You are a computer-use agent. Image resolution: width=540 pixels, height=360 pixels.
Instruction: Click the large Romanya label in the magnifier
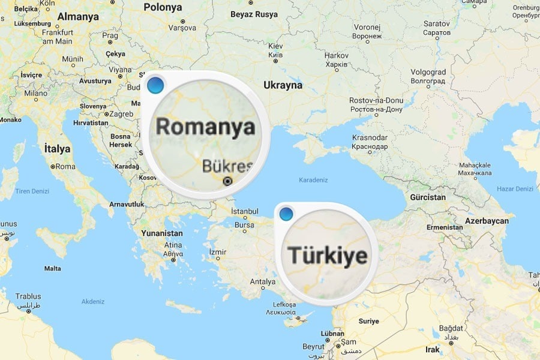tap(205, 127)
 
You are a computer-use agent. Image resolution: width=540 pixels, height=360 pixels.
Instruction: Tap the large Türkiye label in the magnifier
tap(327, 255)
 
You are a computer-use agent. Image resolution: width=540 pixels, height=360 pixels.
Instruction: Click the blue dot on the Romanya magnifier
tap(155, 86)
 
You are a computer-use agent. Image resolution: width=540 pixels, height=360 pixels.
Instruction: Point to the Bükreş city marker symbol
tap(227, 181)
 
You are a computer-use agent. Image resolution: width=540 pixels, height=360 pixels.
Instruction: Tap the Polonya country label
tap(163, 8)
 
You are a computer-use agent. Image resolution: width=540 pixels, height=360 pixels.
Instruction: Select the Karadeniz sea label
tap(314, 179)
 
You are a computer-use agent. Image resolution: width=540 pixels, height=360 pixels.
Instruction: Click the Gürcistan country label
tap(428, 197)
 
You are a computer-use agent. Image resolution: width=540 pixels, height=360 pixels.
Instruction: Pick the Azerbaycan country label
tap(486, 221)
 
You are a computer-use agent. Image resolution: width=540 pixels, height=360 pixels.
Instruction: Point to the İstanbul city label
tap(244, 211)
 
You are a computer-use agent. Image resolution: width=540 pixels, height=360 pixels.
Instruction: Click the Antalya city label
tap(262, 281)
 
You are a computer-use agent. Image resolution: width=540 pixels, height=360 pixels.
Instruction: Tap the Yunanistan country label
tap(162, 233)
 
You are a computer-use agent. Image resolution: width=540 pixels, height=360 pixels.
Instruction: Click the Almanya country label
tap(78, 17)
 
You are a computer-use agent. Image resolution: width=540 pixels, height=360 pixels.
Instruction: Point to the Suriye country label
tap(369, 321)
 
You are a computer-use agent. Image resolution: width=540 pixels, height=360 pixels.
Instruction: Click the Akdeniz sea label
tap(93, 301)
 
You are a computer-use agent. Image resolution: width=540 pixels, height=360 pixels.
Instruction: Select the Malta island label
tap(53, 268)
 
